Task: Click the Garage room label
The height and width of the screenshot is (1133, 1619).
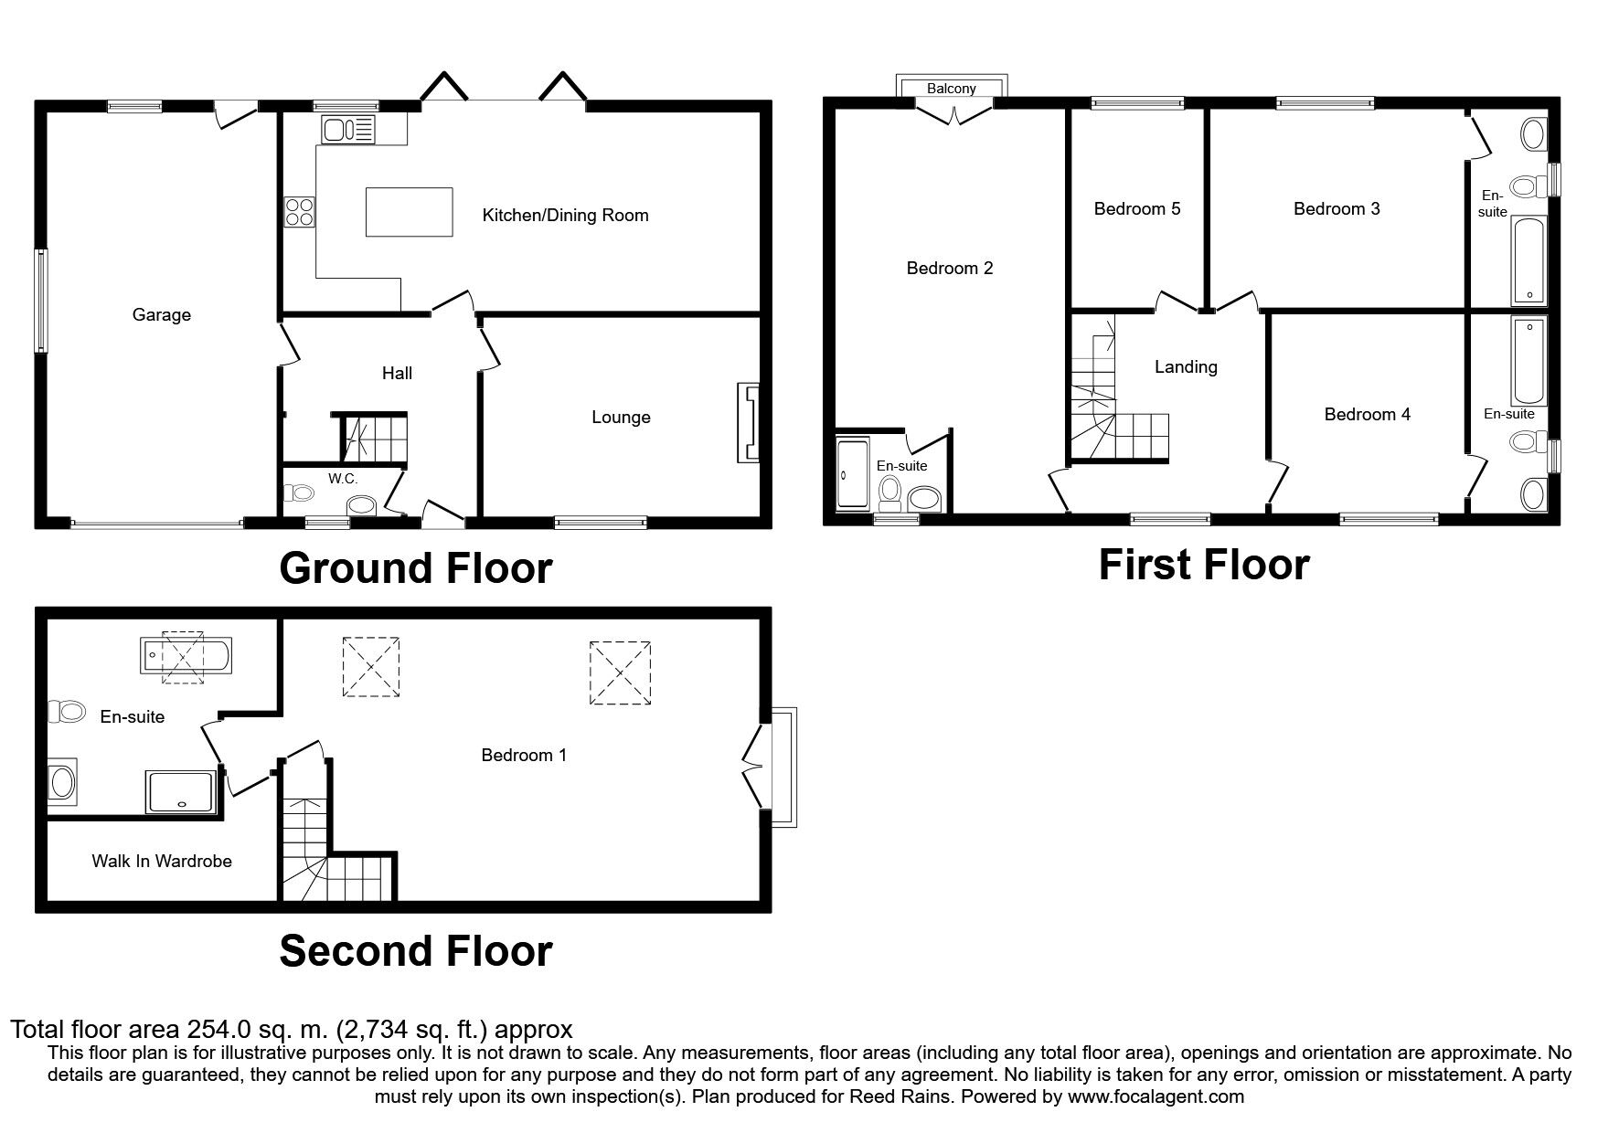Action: (x=162, y=315)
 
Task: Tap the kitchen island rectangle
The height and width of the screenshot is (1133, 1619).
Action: (x=410, y=212)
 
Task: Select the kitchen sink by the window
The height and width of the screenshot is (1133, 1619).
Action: (x=348, y=129)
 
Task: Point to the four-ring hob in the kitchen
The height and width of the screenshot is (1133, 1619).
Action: (x=299, y=212)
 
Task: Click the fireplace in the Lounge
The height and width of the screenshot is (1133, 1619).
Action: (x=748, y=423)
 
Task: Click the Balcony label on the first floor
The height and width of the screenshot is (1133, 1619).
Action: (x=952, y=89)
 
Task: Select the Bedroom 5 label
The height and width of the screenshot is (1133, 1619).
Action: (x=1137, y=209)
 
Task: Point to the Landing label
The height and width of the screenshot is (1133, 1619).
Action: (x=1186, y=367)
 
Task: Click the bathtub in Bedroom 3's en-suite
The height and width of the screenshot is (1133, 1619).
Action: (x=1528, y=260)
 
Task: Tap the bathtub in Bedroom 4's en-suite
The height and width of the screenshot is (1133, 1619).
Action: (x=1528, y=361)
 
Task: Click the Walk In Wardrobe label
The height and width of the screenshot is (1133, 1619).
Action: (x=162, y=861)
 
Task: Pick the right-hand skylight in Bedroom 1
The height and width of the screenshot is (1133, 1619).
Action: (x=620, y=673)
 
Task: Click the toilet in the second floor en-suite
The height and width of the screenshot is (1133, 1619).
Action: (x=66, y=711)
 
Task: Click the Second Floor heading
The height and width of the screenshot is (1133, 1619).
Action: (x=416, y=951)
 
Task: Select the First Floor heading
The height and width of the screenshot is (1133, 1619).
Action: (x=1204, y=565)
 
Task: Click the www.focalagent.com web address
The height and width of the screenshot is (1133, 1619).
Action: (x=1156, y=1096)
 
